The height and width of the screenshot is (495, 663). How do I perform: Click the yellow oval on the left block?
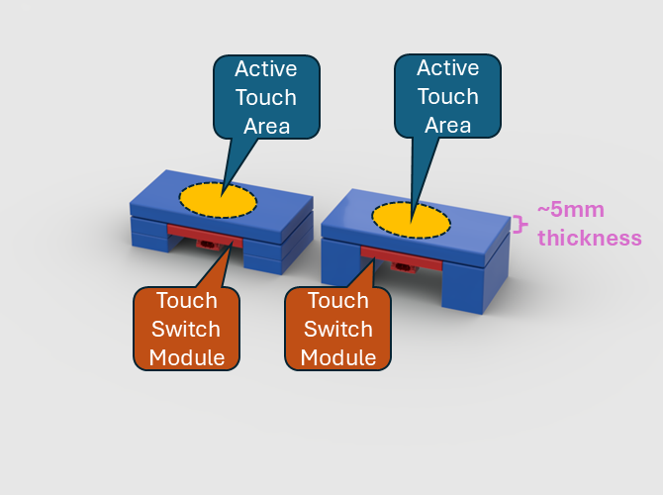pyautogui.click(x=218, y=200)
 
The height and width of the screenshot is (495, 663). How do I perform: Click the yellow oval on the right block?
pyautogui.click(x=410, y=218)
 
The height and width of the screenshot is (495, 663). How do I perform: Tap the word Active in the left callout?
pyautogui.click(x=265, y=69)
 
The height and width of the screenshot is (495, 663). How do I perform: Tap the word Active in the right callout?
pyautogui.click(x=448, y=68)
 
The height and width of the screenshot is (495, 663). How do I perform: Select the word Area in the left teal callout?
pyautogui.click(x=265, y=125)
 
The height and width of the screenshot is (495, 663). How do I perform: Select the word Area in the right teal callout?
pyautogui.click(x=448, y=125)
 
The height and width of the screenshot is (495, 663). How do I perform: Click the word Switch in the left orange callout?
pyautogui.click(x=187, y=329)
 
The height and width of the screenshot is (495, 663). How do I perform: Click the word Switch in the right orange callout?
pyautogui.click(x=338, y=329)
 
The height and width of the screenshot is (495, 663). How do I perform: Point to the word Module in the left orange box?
pyautogui.click(x=187, y=356)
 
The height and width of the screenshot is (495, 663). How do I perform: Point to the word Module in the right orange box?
pyautogui.click(x=338, y=356)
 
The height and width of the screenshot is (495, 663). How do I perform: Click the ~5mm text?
pyautogui.click(x=570, y=211)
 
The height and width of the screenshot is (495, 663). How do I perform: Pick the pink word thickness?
pyautogui.click(x=589, y=238)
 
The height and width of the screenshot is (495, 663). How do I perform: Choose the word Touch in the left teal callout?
pyautogui.click(x=265, y=97)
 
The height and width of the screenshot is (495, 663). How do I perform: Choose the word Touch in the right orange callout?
pyautogui.click(x=338, y=301)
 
